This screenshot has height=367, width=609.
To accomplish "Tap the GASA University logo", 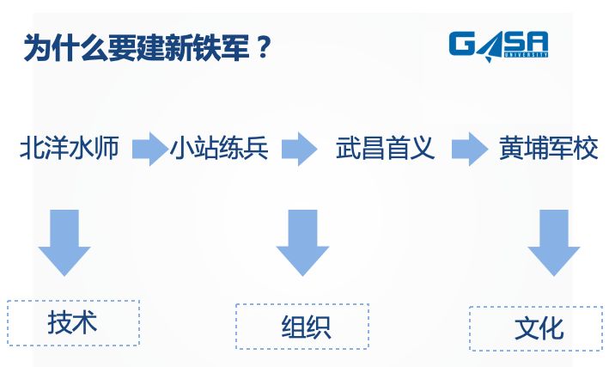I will pos(498,45).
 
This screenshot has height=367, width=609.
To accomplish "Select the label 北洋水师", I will pos(75,148).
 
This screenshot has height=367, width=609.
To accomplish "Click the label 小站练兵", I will pos(220,148).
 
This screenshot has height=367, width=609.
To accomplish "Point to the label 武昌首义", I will pos(386,148).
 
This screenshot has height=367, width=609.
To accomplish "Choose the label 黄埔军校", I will pos(548,148).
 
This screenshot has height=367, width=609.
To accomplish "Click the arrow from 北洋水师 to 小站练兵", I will pos(149,149).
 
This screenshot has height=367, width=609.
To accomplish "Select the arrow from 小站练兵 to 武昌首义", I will pos(300,149).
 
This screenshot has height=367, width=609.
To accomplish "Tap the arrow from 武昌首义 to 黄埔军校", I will pos(469,149).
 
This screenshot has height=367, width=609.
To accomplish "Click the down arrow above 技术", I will pos(64,242).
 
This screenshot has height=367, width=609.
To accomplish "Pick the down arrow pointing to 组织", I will pos(302,242).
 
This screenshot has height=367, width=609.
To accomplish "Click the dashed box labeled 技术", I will pos(73,322).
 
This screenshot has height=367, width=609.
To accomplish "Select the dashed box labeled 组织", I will pos(302,327).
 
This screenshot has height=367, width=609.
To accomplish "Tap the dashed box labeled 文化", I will pos(536,328).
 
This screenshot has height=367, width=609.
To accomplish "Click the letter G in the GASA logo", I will pos(464,43).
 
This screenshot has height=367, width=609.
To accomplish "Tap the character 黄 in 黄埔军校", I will pos(512,148).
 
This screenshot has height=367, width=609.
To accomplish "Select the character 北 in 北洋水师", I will pos(33,148).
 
